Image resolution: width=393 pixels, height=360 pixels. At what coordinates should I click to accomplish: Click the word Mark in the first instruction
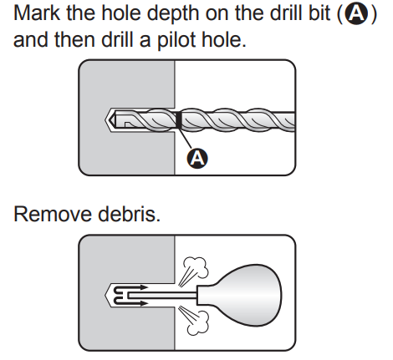[36, 13]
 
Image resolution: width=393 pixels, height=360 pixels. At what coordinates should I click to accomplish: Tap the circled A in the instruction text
[356, 14]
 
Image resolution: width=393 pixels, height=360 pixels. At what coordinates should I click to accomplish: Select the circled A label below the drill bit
[197, 159]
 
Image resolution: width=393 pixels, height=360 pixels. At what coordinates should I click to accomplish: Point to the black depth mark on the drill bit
[178, 120]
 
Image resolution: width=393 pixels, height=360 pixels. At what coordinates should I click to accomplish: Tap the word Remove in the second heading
[53, 214]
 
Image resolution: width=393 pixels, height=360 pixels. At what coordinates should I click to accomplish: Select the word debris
[129, 214]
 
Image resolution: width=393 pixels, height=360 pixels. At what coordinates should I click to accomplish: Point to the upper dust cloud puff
[196, 266]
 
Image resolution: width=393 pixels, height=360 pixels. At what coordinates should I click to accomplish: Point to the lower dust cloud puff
[197, 323]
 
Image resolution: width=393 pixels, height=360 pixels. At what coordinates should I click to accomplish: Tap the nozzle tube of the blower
[163, 296]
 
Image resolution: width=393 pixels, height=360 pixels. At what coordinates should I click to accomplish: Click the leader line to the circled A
[186, 139]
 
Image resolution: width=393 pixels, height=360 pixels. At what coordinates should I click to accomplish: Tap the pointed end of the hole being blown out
[106, 295]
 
